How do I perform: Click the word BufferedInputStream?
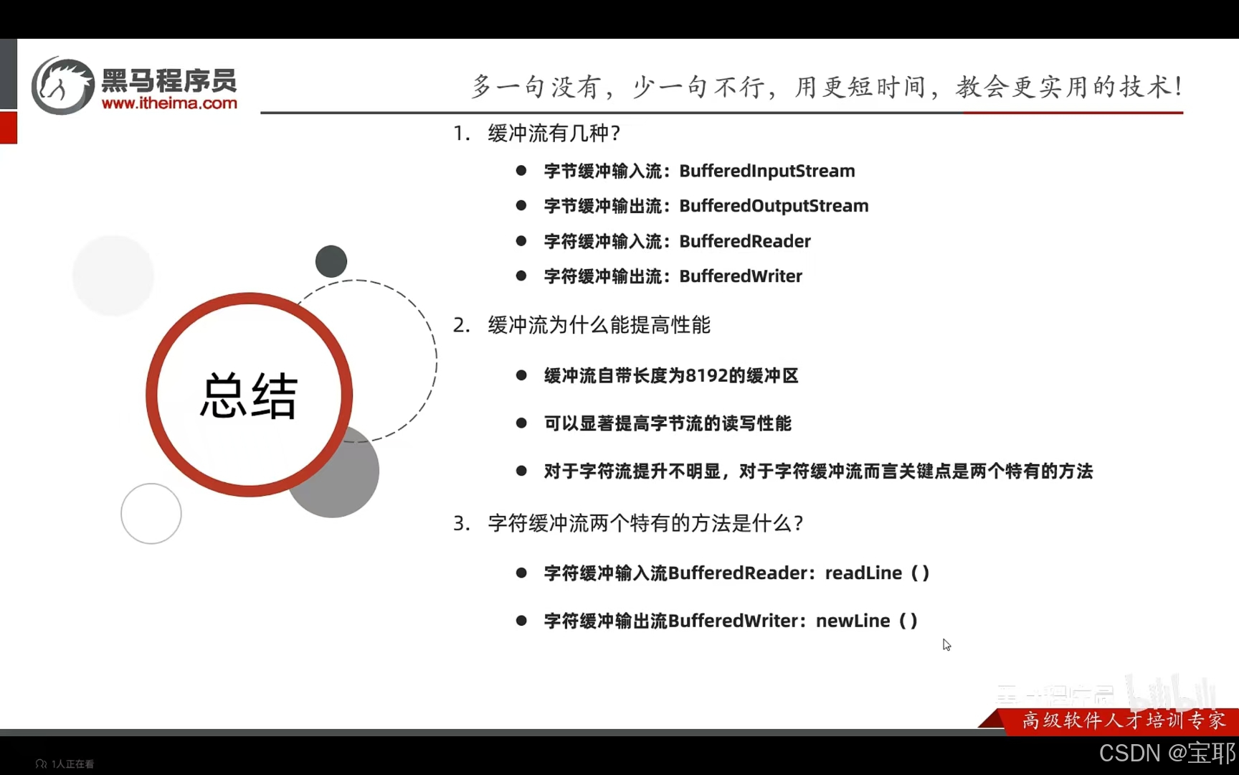[766, 171]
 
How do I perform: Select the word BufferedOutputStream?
[774, 206]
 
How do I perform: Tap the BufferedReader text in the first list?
[744, 241]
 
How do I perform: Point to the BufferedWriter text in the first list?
[740, 276]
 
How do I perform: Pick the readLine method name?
[863, 573]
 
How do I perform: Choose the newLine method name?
[853, 621]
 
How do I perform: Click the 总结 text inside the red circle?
[248, 395]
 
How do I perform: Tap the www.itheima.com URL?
[169, 103]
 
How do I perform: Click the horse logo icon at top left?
[62, 86]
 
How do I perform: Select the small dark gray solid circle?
[331, 261]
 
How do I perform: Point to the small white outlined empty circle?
[151, 514]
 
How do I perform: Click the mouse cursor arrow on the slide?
[946, 644]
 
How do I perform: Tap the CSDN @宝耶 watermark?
[1167, 753]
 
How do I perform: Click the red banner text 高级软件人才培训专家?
[1123, 720]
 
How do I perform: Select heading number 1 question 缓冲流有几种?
[554, 133]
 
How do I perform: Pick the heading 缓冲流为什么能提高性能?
[599, 325]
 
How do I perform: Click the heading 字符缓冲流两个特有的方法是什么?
[645, 523]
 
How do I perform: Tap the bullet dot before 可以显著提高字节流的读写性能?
[521, 423]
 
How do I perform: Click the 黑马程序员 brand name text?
[169, 80]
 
